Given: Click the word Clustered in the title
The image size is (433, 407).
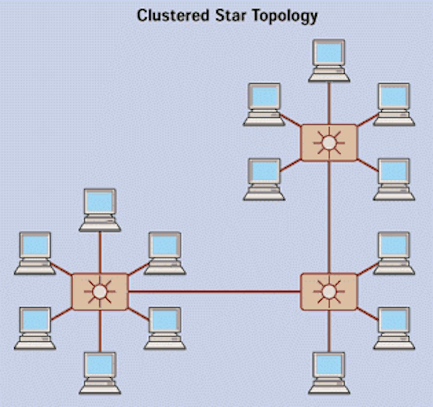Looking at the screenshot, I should tap(173, 16).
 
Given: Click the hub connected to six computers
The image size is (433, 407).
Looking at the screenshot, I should tap(100, 291).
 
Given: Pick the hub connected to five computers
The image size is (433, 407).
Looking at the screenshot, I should tap(329, 143).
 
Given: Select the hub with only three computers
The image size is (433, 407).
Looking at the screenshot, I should tap(329, 291).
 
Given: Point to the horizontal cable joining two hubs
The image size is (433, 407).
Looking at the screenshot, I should tap(214, 291).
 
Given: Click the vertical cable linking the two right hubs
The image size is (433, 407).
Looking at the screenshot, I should tap(329, 216).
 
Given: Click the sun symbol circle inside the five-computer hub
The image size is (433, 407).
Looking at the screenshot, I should tap(329, 143).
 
